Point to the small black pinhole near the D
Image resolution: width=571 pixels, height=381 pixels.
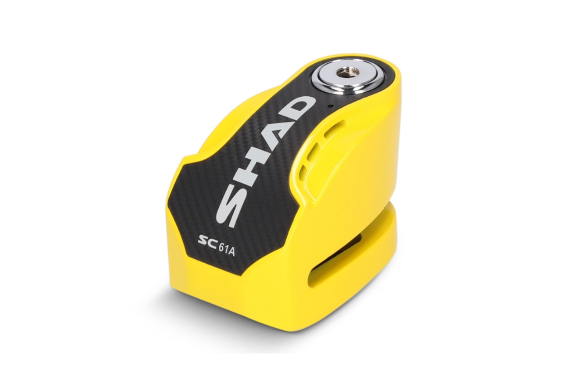pyautogui.click(x=330, y=105)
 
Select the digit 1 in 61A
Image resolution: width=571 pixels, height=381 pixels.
pyautogui.click(x=226, y=249)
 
